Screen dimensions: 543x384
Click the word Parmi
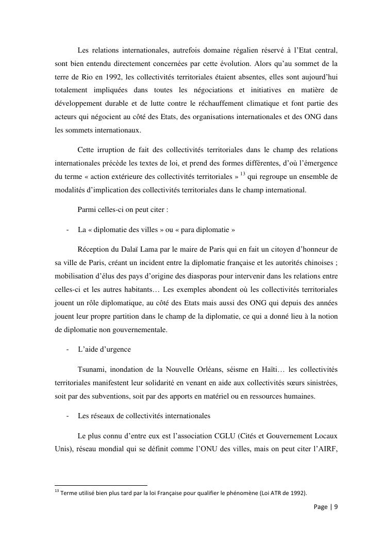[x=86, y=210]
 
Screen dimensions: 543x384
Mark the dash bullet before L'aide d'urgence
[x=69, y=349]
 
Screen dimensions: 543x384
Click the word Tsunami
[x=92, y=369]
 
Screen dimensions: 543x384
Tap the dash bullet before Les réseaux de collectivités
[x=69, y=416]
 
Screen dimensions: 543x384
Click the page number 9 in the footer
[x=336, y=507]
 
